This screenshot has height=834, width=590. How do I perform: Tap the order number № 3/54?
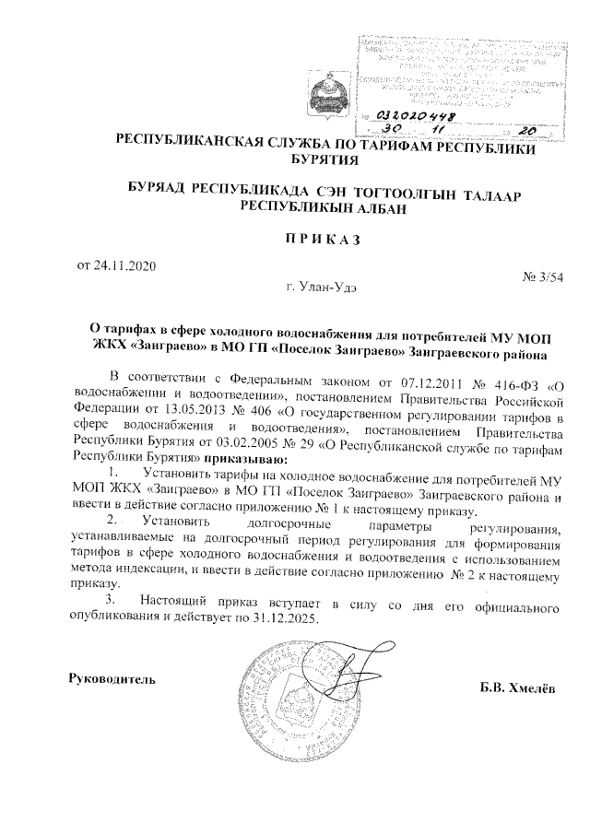(x=542, y=277)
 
